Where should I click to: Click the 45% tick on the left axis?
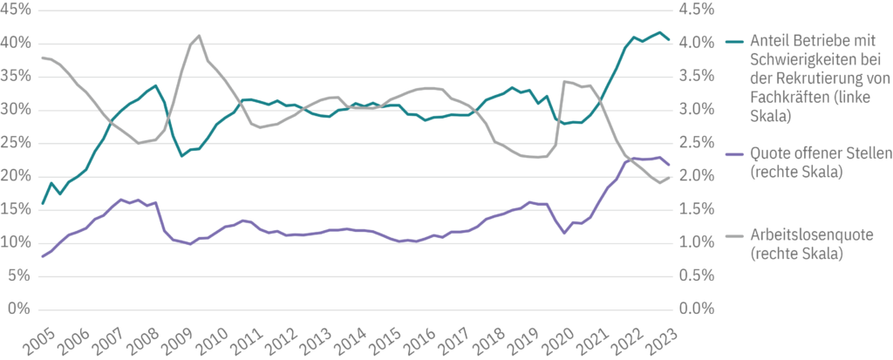(17, 10)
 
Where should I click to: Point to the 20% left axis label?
(17, 176)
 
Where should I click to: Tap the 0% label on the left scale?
(20, 309)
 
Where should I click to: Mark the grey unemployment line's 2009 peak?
(199, 36)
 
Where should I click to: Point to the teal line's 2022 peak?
(659, 32)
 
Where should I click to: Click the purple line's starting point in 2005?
(43, 256)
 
